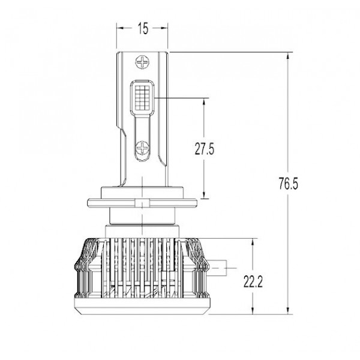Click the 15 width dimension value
pos(143,28)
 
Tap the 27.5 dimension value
pos(205,149)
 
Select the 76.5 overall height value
pos(289,183)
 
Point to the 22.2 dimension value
pos(253,281)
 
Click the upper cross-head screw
pos(142,62)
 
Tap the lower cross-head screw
pos(142,148)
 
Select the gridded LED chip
pos(142,98)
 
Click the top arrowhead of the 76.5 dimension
pos(287,56)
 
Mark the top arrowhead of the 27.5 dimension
pos(203,102)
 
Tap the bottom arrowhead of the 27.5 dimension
pos(203,194)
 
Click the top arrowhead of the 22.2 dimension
pos(253,242)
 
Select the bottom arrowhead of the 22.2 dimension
pos(253,310)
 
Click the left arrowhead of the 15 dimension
pos(120,28)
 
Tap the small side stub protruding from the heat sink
pos(217,268)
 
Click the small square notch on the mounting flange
pos(142,203)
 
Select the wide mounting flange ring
pos(142,203)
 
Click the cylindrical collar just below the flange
pos(142,216)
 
